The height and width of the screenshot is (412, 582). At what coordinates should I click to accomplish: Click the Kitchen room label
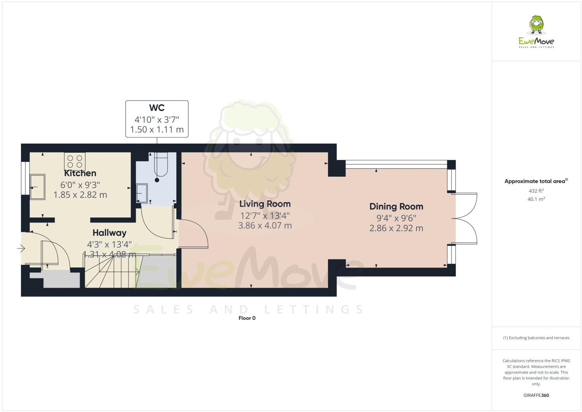coord(80,173)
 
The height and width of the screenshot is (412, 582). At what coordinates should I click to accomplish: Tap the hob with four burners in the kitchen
coord(75,160)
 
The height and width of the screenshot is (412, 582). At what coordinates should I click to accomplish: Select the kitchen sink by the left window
coord(37,187)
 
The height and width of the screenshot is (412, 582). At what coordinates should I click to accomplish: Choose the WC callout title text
coord(157,108)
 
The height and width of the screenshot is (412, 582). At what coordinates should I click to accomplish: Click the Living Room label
coord(265,204)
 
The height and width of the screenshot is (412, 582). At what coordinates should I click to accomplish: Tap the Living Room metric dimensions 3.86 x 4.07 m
coord(265,225)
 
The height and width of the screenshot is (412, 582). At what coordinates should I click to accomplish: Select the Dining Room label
coord(396,207)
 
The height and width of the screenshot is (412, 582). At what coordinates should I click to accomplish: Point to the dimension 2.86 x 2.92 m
coord(396,228)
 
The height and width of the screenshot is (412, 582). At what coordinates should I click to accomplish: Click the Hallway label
coord(109,233)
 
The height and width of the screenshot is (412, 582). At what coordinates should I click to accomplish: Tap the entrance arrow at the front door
coord(21,248)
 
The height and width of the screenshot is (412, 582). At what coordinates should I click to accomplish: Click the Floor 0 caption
coord(247,318)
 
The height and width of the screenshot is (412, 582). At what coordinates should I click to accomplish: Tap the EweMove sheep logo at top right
coord(537,25)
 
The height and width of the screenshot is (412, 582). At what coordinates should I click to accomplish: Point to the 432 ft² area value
coord(536,191)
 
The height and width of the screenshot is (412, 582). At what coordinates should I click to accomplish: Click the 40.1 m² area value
coord(536,199)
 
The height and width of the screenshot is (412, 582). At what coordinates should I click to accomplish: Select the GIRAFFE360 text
coord(536,395)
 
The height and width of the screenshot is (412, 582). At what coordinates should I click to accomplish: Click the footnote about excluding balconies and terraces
coord(536,338)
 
